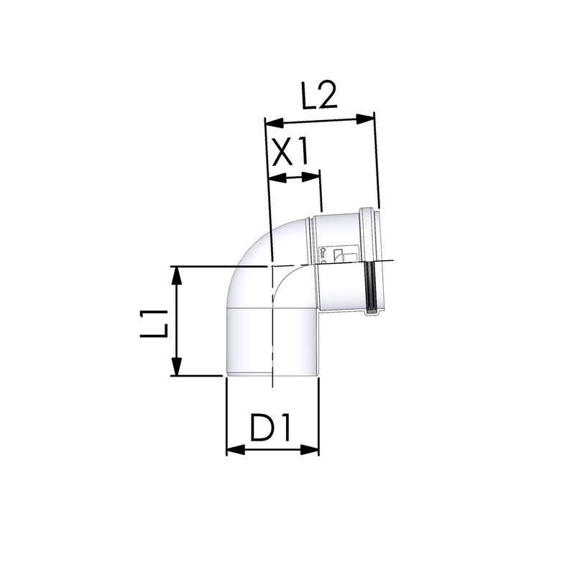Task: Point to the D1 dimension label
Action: click(x=270, y=428)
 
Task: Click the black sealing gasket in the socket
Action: click(x=370, y=287)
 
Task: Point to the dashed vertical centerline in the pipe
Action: click(x=272, y=323)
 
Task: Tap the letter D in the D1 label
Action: click(x=262, y=428)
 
